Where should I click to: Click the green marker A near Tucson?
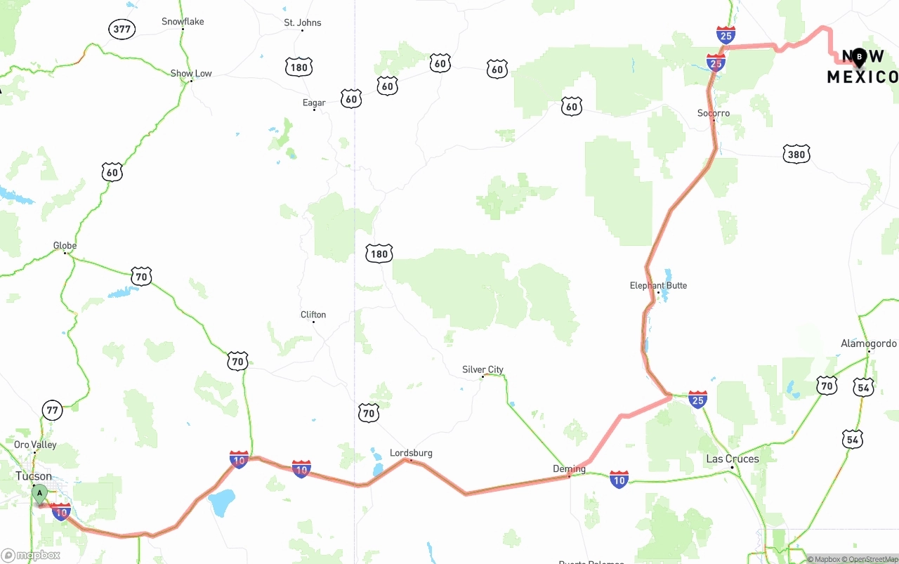(x=40, y=493)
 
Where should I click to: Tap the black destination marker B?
(x=859, y=57)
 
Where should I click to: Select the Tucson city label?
(x=34, y=476)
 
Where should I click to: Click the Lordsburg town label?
(x=411, y=453)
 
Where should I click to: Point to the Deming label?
(x=569, y=468)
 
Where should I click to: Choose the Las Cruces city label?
(x=732, y=459)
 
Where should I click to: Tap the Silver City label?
(x=483, y=369)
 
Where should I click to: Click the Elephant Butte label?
(x=658, y=285)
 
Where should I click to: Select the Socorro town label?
(x=714, y=113)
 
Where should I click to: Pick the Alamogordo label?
(x=869, y=343)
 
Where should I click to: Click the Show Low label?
(x=191, y=73)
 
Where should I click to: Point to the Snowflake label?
(x=183, y=22)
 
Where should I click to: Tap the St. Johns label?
(x=303, y=22)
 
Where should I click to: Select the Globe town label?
(x=65, y=245)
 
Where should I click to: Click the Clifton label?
(x=313, y=315)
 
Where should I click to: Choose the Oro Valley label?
(x=35, y=445)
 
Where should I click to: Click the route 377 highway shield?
(x=122, y=29)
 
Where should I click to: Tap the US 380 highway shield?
(x=796, y=154)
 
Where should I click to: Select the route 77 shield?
(x=52, y=409)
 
